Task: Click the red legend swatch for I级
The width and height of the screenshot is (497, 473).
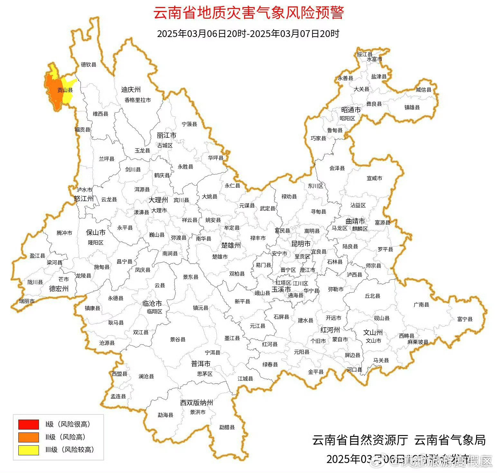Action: [28, 424]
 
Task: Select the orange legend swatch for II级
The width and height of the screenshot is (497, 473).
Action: [28, 437]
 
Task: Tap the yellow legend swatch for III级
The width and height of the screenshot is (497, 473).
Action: [28, 450]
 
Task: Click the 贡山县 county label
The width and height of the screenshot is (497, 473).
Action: [65, 90]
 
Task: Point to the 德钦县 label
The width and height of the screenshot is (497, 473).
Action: [89, 65]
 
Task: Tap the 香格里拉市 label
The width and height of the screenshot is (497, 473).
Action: [138, 100]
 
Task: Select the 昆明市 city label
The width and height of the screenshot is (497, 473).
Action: [301, 244]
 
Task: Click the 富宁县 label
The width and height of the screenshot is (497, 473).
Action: [465, 319]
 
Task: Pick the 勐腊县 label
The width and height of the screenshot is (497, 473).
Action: [227, 427]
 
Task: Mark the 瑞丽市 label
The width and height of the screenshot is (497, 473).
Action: [27, 301]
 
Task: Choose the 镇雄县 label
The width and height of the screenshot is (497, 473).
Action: [412, 107]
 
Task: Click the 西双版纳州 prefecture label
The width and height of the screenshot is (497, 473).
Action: [196, 403]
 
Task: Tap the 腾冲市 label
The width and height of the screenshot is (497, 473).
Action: [64, 233]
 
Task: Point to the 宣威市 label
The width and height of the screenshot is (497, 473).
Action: [374, 178]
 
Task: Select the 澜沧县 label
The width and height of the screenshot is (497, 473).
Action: [146, 376]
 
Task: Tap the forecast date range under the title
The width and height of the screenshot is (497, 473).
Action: [248, 33]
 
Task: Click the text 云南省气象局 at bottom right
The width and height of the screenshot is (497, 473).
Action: [450, 440]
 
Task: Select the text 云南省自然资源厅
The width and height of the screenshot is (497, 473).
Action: [360, 440]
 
